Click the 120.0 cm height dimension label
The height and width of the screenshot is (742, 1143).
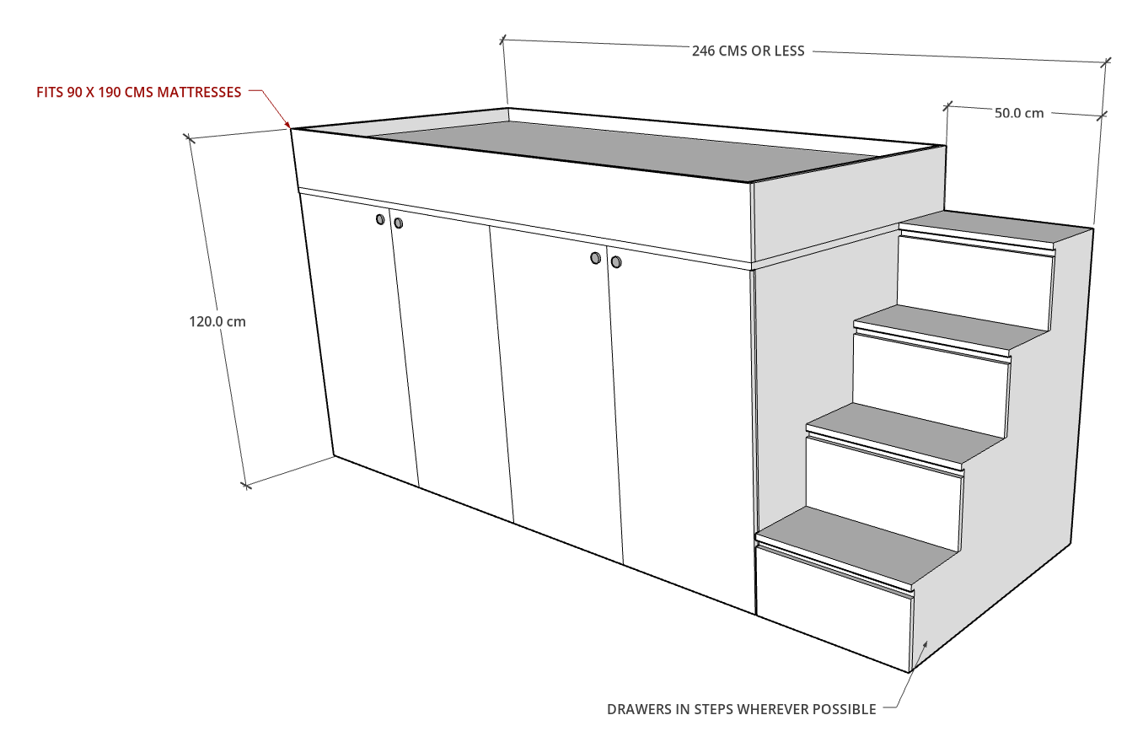pyautogui.click(x=217, y=321)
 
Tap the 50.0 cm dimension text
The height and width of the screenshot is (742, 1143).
pyautogui.click(x=1019, y=113)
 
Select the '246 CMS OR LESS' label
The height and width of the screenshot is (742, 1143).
pyautogui.click(x=748, y=51)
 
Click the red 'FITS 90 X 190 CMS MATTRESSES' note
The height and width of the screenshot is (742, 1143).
pyautogui.click(x=139, y=93)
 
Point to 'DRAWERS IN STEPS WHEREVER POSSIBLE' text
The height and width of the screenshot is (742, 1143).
pyautogui.click(x=742, y=709)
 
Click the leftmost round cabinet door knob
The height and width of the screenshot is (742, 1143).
pyautogui.click(x=380, y=219)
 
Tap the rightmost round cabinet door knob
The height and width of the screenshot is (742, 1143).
pyautogui.click(x=616, y=261)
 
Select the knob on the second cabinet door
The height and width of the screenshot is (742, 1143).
pyautogui.click(x=399, y=223)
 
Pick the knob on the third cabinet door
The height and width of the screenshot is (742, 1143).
pyautogui.click(x=595, y=258)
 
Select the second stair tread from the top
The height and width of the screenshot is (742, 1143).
pyautogui.click(x=951, y=329)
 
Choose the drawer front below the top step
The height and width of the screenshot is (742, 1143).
pyautogui.click(x=974, y=284)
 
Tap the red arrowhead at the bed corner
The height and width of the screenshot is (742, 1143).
pyautogui.click(x=287, y=124)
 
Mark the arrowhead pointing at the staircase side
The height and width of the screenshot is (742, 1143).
pyautogui.click(x=924, y=645)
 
